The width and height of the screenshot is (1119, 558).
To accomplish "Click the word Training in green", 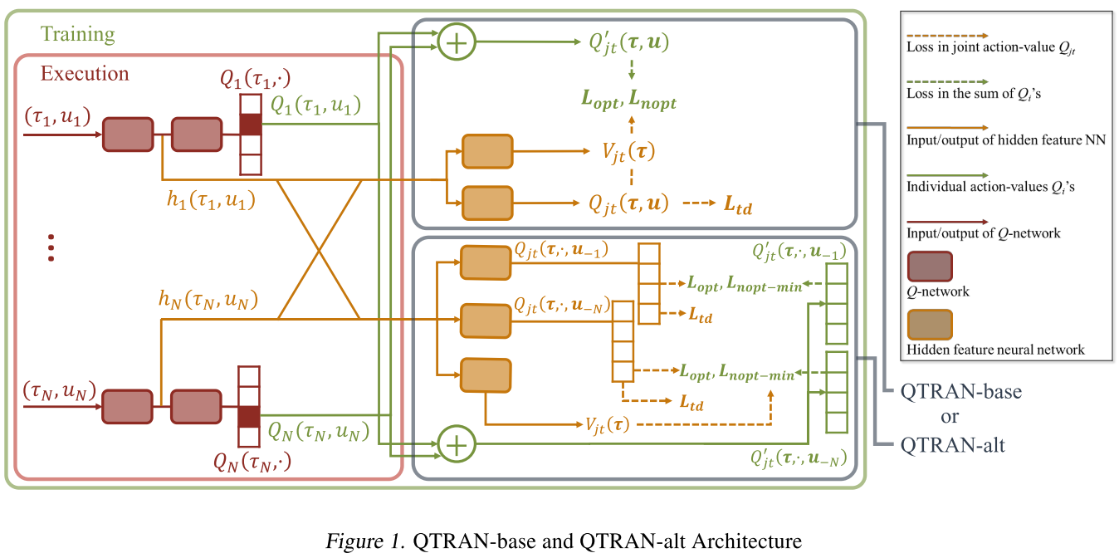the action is tap(77, 34).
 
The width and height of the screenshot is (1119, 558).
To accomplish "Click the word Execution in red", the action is tap(85, 73).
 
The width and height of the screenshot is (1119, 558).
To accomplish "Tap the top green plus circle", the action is tap(457, 42).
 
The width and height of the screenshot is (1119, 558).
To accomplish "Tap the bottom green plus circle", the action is tap(457, 444).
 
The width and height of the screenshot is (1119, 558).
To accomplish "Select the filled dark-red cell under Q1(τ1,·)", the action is tap(251, 125).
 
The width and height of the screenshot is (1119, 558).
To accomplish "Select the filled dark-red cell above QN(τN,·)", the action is tap(249, 417).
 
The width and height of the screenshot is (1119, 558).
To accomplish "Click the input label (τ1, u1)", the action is tap(57, 116).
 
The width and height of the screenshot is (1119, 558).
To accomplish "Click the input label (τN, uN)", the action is tap(60, 390).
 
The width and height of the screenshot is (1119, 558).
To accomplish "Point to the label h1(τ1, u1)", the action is tap(211, 200).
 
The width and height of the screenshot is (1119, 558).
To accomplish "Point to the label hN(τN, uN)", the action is tap(208, 300).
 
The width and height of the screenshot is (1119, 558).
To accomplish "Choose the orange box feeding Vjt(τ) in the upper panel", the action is tap(487, 151).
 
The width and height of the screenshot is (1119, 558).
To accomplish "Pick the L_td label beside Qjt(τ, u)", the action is tap(738, 205).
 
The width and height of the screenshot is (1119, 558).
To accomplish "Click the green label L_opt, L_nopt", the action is tap(629, 99).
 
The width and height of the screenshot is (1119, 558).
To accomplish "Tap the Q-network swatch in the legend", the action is tap(930, 267).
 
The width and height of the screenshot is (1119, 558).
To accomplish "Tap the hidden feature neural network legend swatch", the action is tap(930, 325).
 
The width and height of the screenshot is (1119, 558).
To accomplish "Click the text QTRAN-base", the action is tap(961, 392).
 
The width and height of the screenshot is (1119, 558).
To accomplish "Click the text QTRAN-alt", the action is tap(953, 445).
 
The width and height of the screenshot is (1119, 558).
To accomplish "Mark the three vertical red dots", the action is tap(51, 247).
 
